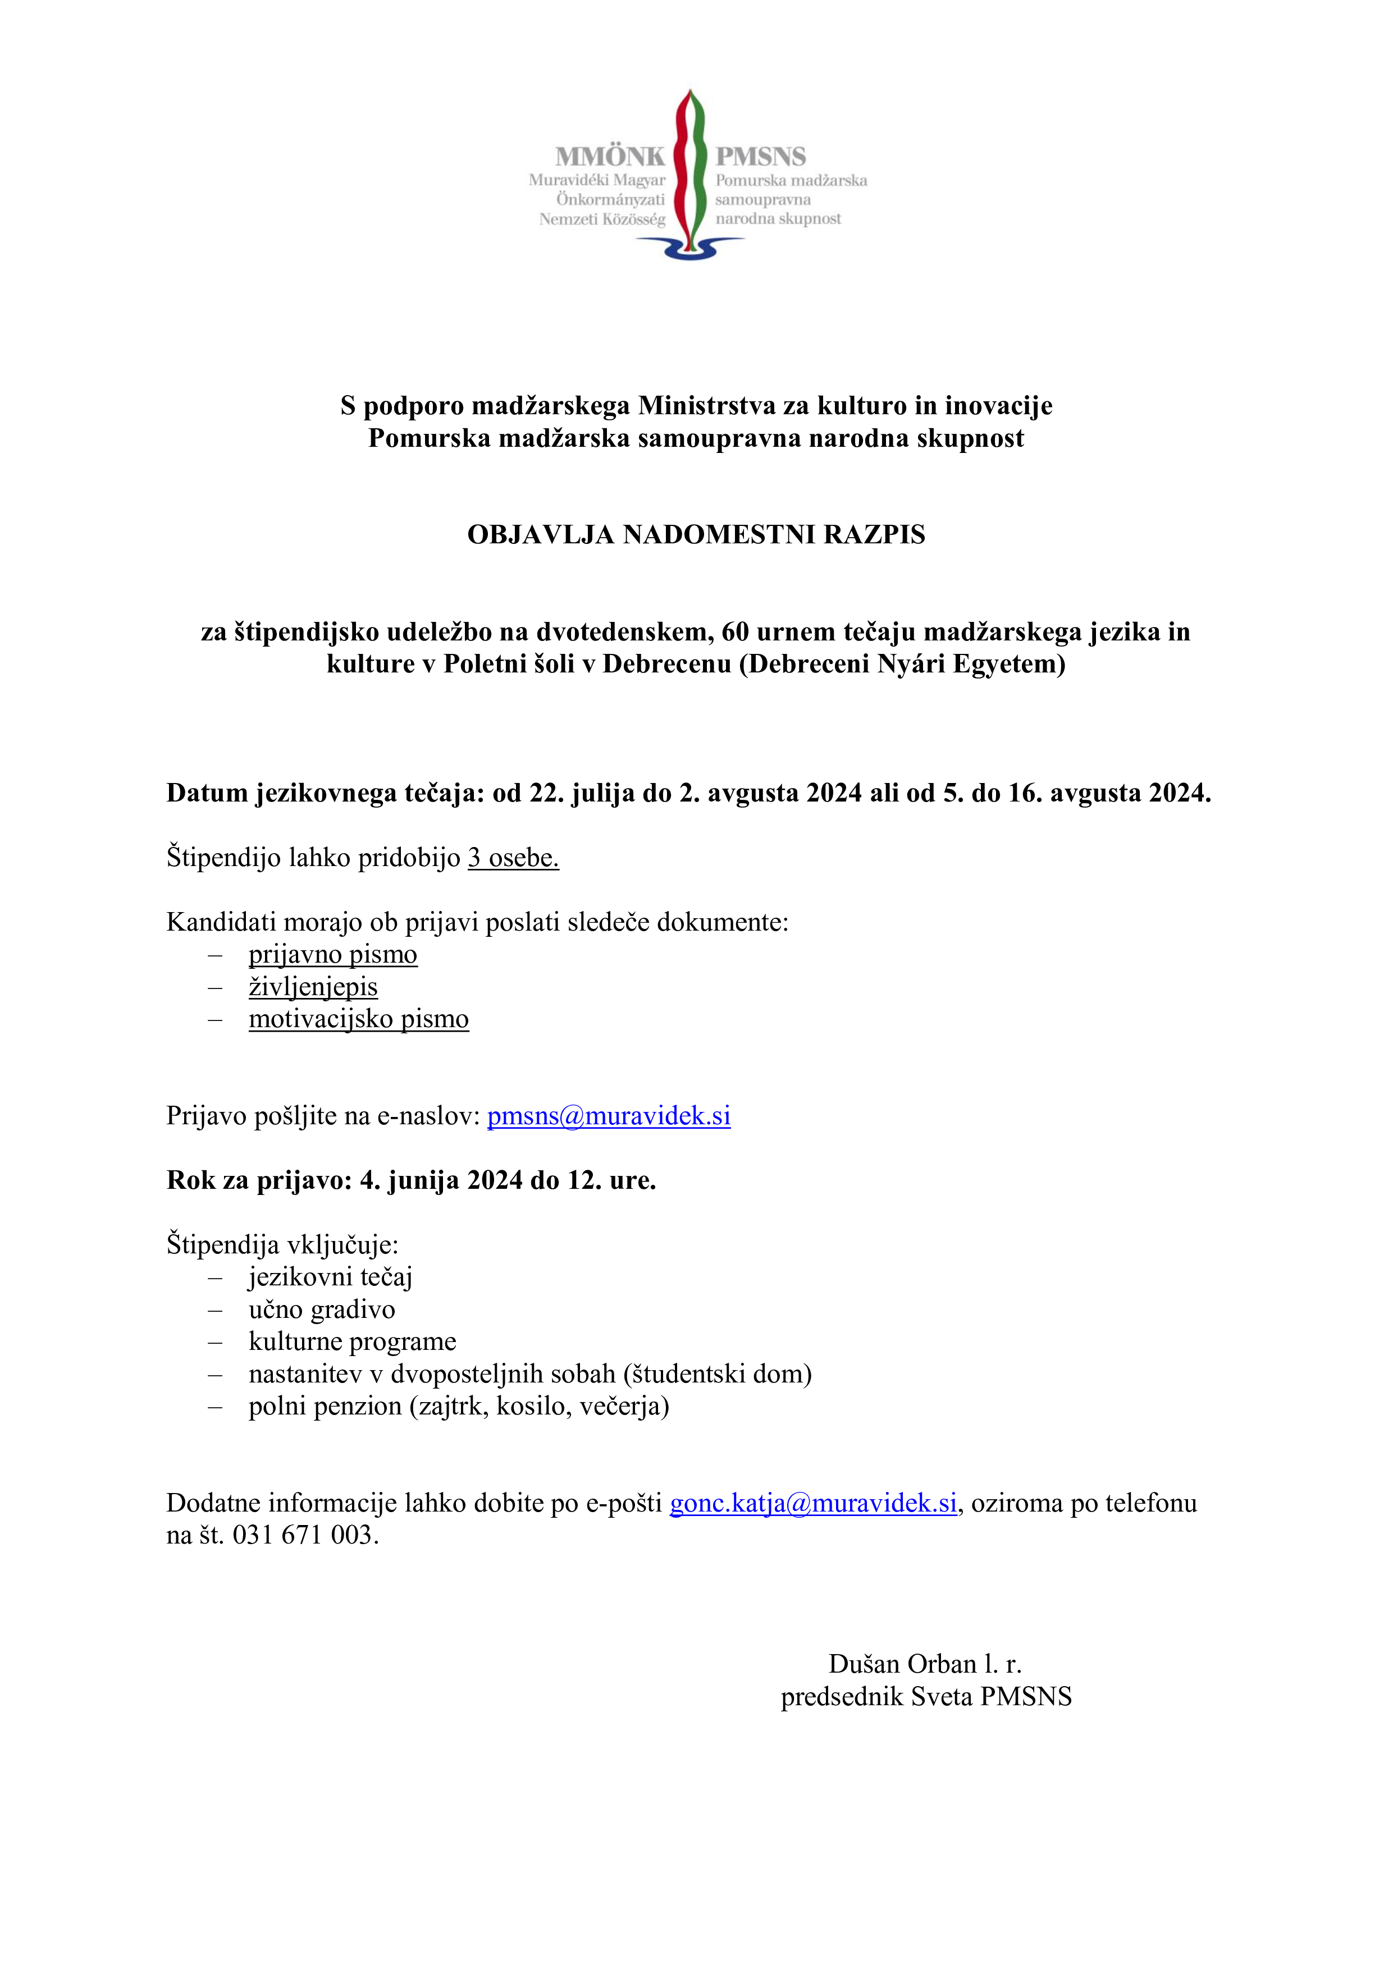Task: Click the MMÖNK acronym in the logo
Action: (x=609, y=157)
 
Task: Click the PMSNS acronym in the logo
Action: (x=761, y=157)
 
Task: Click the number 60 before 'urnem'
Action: (x=735, y=631)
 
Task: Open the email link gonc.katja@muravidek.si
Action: (x=813, y=1503)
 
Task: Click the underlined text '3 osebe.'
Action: (x=513, y=858)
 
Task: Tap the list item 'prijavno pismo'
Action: (x=333, y=955)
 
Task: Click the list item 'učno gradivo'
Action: (x=322, y=1309)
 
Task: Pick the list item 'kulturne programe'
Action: (x=353, y=1341)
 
